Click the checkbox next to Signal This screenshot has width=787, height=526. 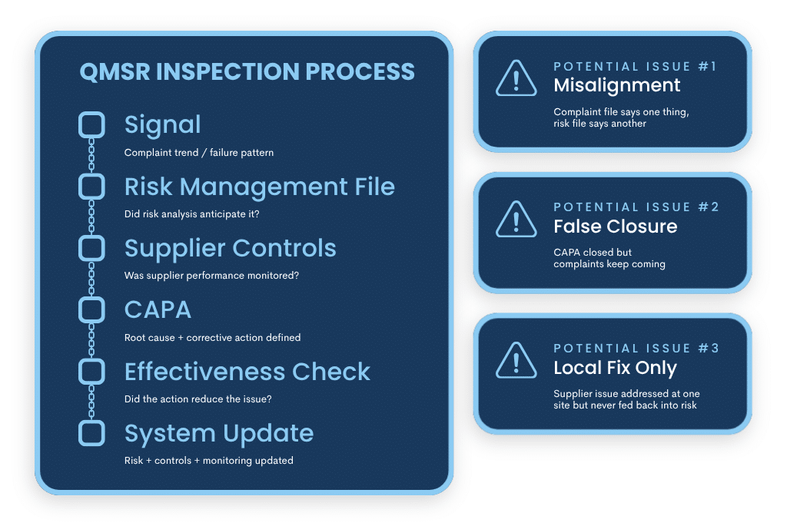(91, 124)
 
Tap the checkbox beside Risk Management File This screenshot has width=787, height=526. (91, 187)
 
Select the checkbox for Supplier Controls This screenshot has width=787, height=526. (91, 248)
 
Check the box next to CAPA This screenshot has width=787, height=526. (91, 309)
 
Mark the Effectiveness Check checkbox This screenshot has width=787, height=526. (91, 372)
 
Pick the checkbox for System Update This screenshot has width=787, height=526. (91, 433)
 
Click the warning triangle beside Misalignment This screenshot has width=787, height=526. (516, 78)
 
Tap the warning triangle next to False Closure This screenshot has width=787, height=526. (516, 219)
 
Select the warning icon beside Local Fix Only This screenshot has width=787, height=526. (516, 360)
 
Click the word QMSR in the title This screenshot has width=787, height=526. (115, 72)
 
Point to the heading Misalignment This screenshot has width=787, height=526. (617, 85)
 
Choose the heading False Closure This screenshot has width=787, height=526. (615, 227)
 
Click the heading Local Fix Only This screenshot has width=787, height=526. (615, 368)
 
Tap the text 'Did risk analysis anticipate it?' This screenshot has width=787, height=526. (192, 214)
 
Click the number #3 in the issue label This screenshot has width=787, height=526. (709, 349)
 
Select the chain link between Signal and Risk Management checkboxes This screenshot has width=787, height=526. (91, 156)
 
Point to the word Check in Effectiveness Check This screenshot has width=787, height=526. (331, 372)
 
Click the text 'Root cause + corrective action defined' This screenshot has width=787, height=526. (212, 338)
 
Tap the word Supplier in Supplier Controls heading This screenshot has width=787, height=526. (169, 249)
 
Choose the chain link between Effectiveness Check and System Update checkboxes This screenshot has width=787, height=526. (91, 402)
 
